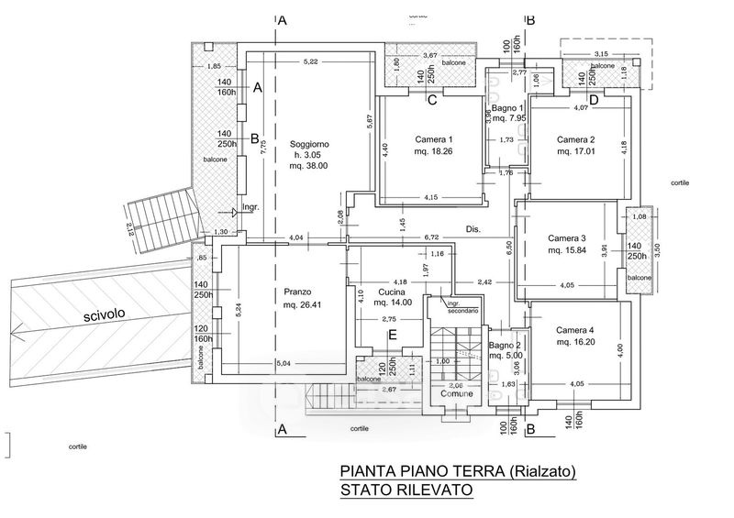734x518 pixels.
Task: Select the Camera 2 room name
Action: [x=575, y=139]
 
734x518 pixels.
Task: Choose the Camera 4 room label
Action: [x=574, y=330]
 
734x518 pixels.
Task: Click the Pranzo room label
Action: [x=299, y=292]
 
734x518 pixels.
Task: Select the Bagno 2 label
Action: [x=506, y=346]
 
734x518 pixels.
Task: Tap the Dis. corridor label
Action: [x=473, y=229]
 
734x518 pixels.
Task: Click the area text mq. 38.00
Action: [x=308, y=166]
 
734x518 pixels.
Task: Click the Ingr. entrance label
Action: [x=250, y=207]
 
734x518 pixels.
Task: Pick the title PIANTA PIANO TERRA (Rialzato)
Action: [x=457, y=471]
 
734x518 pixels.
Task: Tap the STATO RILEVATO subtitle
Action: [x=406, y=490]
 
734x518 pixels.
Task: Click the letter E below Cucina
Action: [x=392, y=336]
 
